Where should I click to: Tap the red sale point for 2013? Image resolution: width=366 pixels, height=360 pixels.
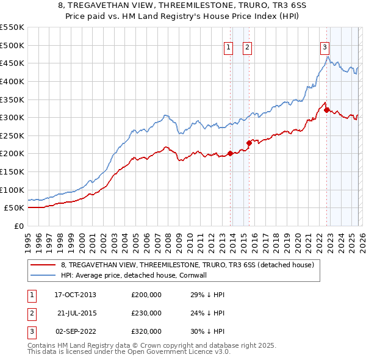(230, 153)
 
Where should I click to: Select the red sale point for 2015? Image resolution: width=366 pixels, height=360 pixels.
(249, 143)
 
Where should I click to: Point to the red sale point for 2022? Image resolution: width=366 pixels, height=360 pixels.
(326, 110)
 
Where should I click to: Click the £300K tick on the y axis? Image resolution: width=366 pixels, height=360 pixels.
(12, 117)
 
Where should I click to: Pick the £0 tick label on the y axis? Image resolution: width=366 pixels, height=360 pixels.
(20, 226)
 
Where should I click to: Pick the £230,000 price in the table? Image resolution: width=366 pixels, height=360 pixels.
(146, 313)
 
